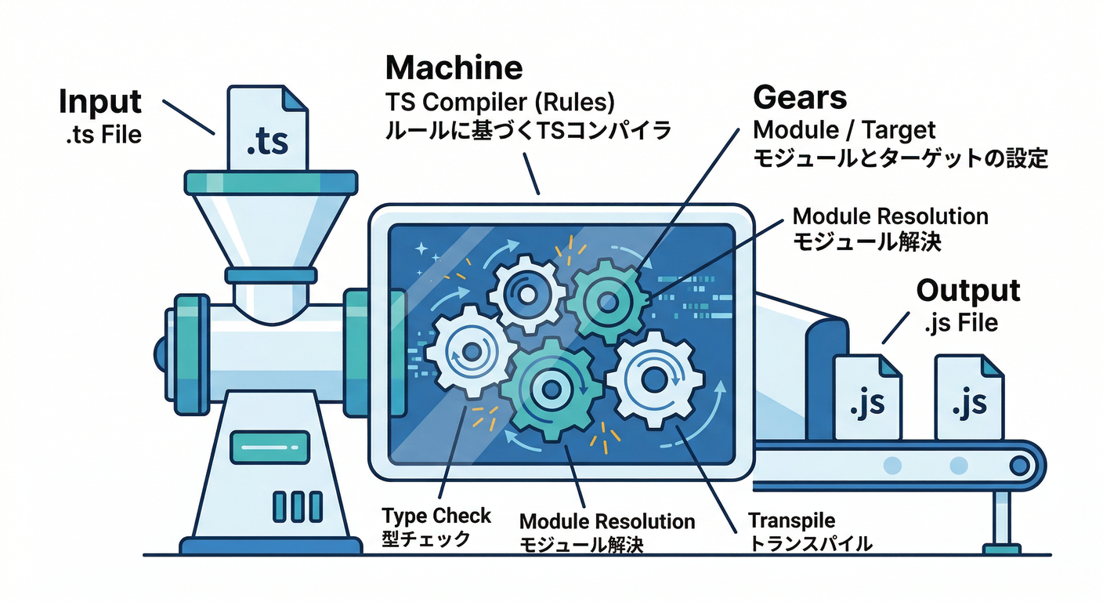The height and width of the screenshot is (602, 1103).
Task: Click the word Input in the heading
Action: [100, 103]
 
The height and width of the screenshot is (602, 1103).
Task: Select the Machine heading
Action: [454, 68]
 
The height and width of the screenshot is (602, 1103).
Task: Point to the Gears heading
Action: [800, 97]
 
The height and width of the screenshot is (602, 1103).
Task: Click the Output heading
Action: [968, 291]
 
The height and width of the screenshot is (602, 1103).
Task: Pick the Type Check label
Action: [436, 516]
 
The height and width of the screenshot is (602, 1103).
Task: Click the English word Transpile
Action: [791, 520]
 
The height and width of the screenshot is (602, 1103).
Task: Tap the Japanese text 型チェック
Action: [426, 539]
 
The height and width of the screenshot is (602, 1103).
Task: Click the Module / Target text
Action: [844, 129]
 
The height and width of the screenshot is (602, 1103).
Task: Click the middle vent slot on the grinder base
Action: [297, 506]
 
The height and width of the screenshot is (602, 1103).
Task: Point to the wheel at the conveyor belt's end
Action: [1019, 465]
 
